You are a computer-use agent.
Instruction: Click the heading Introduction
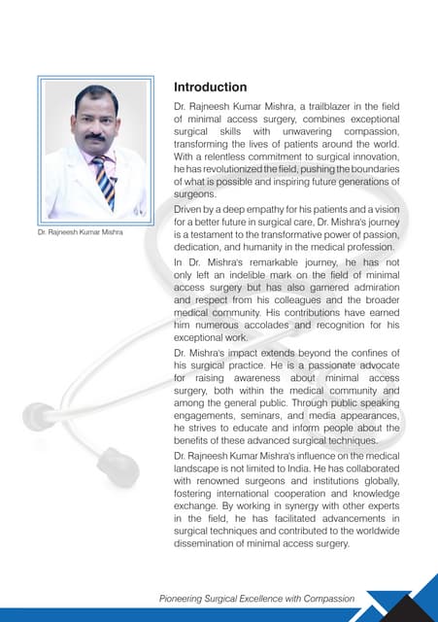pyautogui.click(x=210, y=87)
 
